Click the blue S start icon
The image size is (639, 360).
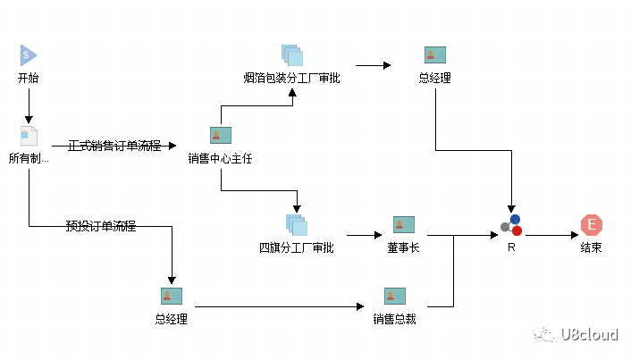click(28, 55)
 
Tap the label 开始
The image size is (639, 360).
click(28, 78)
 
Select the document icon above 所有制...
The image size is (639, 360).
click(29, 136)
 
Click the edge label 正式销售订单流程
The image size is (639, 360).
click(114, 146)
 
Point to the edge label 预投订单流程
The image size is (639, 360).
click(101, 226)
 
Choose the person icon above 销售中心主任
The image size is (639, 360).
click(221, 135)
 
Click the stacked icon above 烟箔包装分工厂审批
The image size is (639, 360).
click(292, 55)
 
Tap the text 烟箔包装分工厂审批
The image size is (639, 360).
click(291, 78)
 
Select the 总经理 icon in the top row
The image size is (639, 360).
click(435, 55)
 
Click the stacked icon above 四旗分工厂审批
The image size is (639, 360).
click(297, 225)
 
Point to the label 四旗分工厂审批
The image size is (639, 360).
click(297, 247)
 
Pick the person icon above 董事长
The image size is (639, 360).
click(404, 225)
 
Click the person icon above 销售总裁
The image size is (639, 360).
click(395, 296)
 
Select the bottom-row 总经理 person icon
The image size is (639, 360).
click(172, 296)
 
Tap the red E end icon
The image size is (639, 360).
click(592, 225)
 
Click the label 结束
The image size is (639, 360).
click(592, 247)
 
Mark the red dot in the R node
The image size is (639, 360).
click(517, 230)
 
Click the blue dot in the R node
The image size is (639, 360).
click(515, 220)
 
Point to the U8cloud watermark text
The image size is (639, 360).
click(589, 334)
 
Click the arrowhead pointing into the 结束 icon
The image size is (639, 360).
click(575, 235)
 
